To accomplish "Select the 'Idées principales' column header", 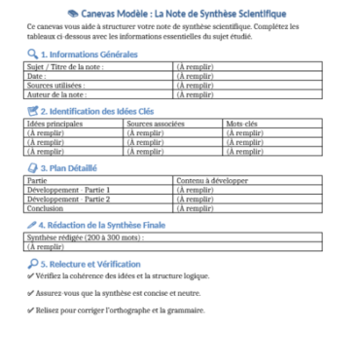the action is (x=56, y=124).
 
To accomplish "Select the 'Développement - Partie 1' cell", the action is (x=69, y=189).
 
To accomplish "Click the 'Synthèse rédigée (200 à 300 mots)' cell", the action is (x=73, y=236).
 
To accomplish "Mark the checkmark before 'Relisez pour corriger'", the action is (x=30, y=311).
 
